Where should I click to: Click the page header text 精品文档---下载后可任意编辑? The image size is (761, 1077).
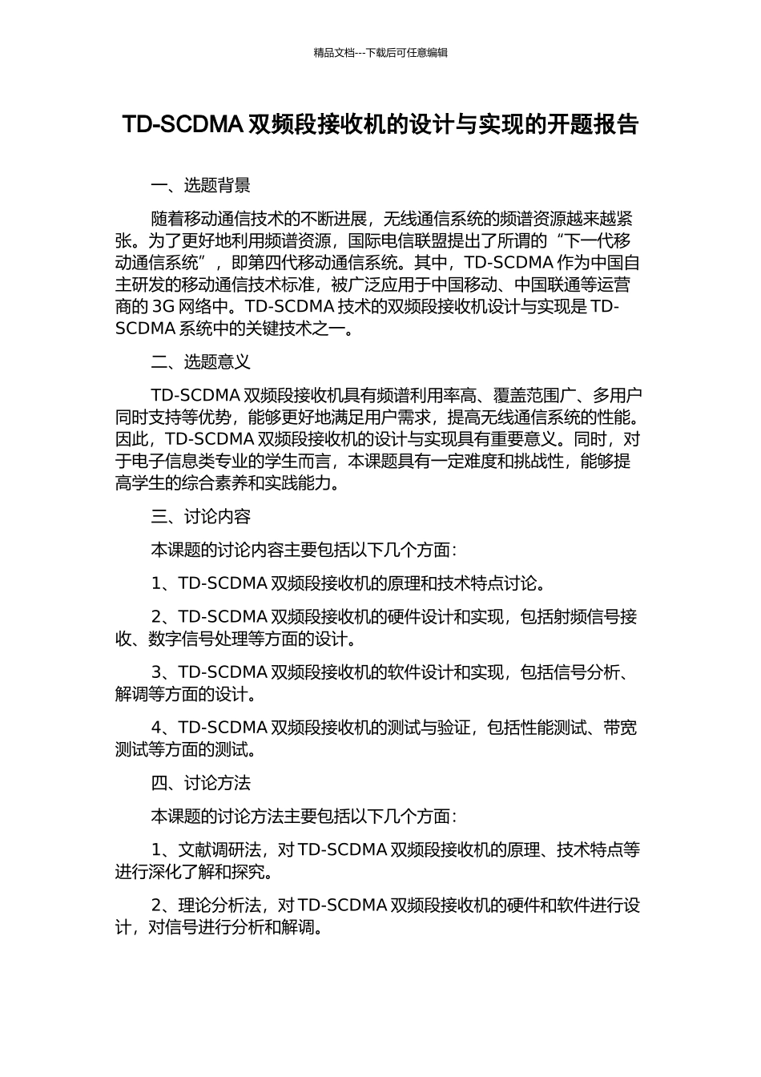point(380,53)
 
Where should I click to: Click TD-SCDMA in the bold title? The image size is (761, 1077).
point(183,124)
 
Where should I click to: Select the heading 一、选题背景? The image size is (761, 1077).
point(200,186)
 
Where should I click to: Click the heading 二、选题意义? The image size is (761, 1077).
point(200,362)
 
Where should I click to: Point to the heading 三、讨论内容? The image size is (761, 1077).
point(200,517)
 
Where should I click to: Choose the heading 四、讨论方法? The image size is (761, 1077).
point(200,783)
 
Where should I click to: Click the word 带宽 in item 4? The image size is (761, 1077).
point(620,728)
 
